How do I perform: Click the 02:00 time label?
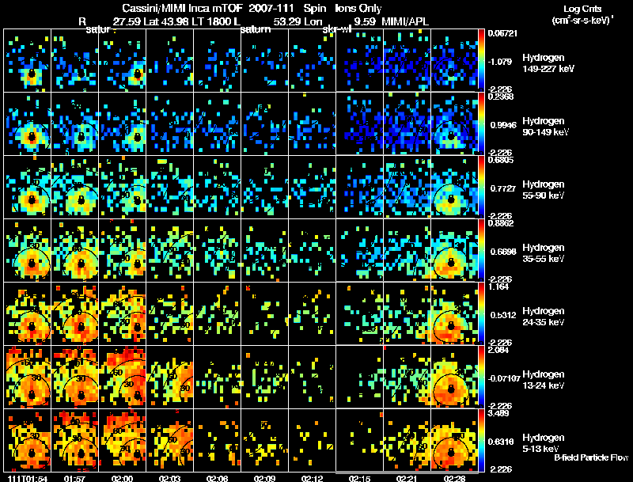click(122, 478)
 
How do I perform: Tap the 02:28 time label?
click(454, 478)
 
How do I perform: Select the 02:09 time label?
click(264, 478)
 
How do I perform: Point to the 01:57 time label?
click(74, 478)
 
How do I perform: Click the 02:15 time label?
click(359, 478)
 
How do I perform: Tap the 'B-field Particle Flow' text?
click(590, 457)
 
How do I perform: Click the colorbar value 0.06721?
click(503, 33)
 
